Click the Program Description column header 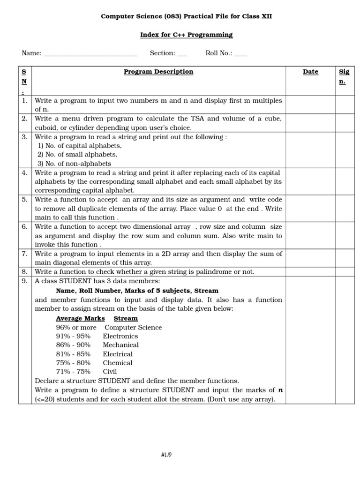pyautogui.click(x=158, y=72)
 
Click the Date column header pyautogui.click(x=310, y=72)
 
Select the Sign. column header pyautogui.click(x=344, y=76)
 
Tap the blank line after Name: pyautogui.click(x=90, y=53)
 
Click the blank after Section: pyautogui.click(x=182, y=53)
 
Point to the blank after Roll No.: pyautogui.click(x=240, y=53)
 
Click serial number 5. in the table pyautogui.click(x=24, y=200)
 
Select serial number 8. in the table pyautogui.click(x=24, y=271)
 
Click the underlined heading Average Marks pyautogui.click(x=80, y=318)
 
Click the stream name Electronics pyautogui.click(x=120, y=336)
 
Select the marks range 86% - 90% pyautogui.click(x=73, y=345)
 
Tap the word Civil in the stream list pyautogui.click(x=110, y=372)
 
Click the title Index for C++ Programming pyautogui.click(x=187, y=35)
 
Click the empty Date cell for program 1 pyautogui.click(x=310, y=105)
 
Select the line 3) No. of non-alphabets pyautogui.click(x=75, y=164)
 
